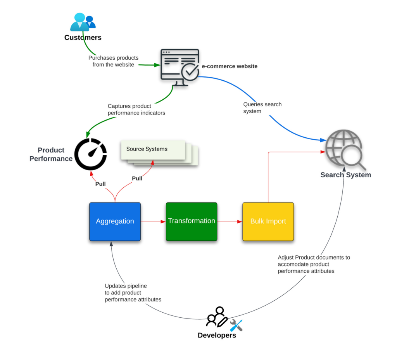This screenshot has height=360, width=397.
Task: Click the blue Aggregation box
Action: (115, 222)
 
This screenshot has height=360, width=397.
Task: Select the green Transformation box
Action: (191, 222)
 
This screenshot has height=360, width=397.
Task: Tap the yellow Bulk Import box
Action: (268, 222)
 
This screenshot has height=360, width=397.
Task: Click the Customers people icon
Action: (82, 22)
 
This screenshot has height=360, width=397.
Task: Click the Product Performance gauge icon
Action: (91, 154)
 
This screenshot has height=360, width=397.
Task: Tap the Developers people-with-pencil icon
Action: (217, 317)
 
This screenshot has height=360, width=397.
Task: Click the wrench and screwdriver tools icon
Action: (236, 325)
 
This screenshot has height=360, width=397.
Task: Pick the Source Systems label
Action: (147, 149)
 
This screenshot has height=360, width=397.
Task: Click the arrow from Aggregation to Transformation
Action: (153, 222)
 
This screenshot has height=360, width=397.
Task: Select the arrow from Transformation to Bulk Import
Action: (230, 222)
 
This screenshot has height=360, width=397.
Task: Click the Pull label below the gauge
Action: (100, 184)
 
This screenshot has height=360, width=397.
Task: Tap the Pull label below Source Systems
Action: (137, 178)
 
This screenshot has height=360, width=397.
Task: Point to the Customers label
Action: (83, 38)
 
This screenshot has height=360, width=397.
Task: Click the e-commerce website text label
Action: (230, 66)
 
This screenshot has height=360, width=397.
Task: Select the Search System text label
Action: (345, 175)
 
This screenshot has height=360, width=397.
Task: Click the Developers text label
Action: (217, 336)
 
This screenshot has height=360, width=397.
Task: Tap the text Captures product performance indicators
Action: (136, 109)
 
